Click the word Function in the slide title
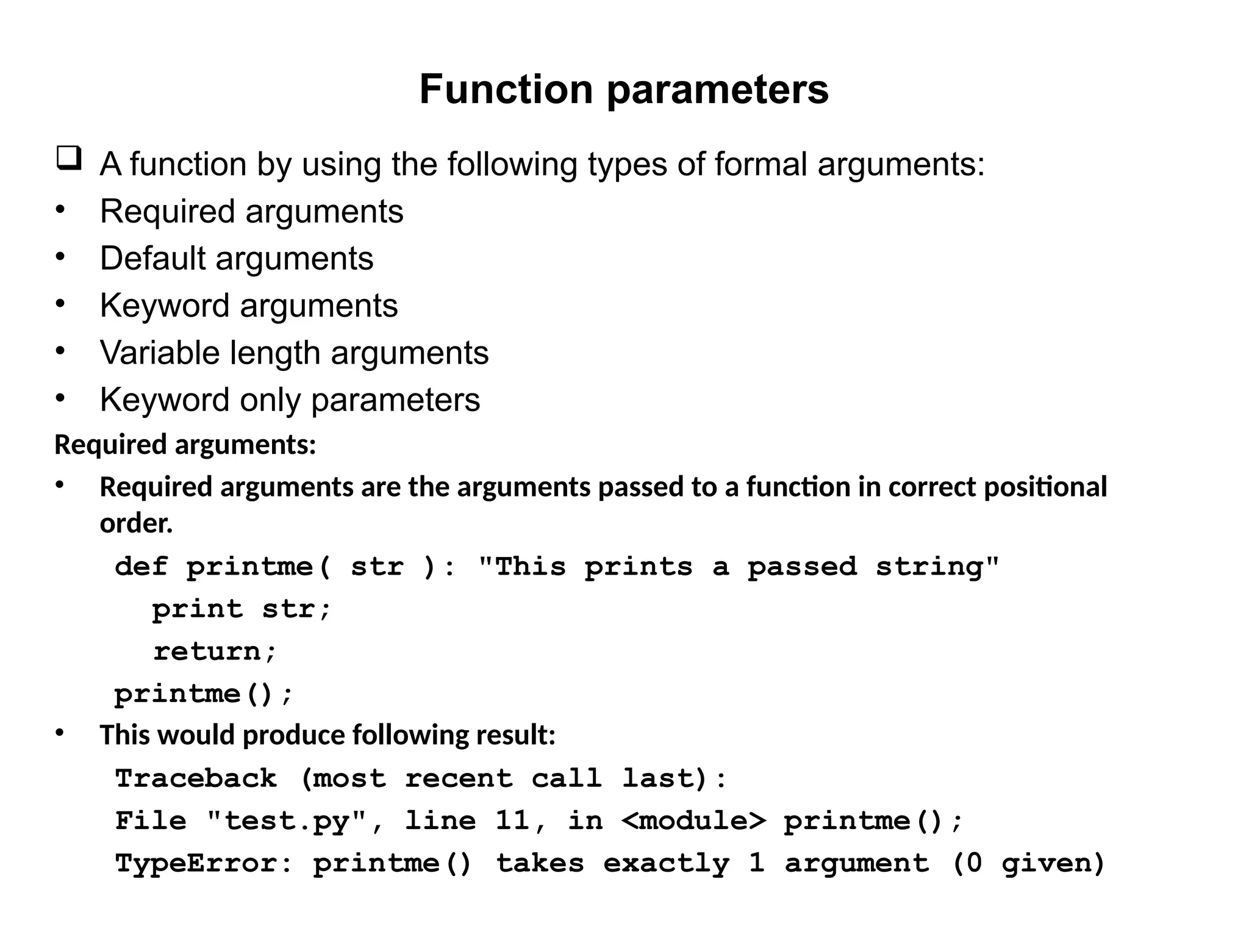506,90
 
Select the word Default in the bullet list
152,258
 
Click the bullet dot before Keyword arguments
60,304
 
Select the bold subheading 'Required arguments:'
185,445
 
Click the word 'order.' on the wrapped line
136,523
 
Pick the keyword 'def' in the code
141,567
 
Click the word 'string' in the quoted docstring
937,567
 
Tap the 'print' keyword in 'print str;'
197,609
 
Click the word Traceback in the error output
196,778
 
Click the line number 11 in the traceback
513,821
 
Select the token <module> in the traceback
693,821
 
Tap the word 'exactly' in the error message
666,864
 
